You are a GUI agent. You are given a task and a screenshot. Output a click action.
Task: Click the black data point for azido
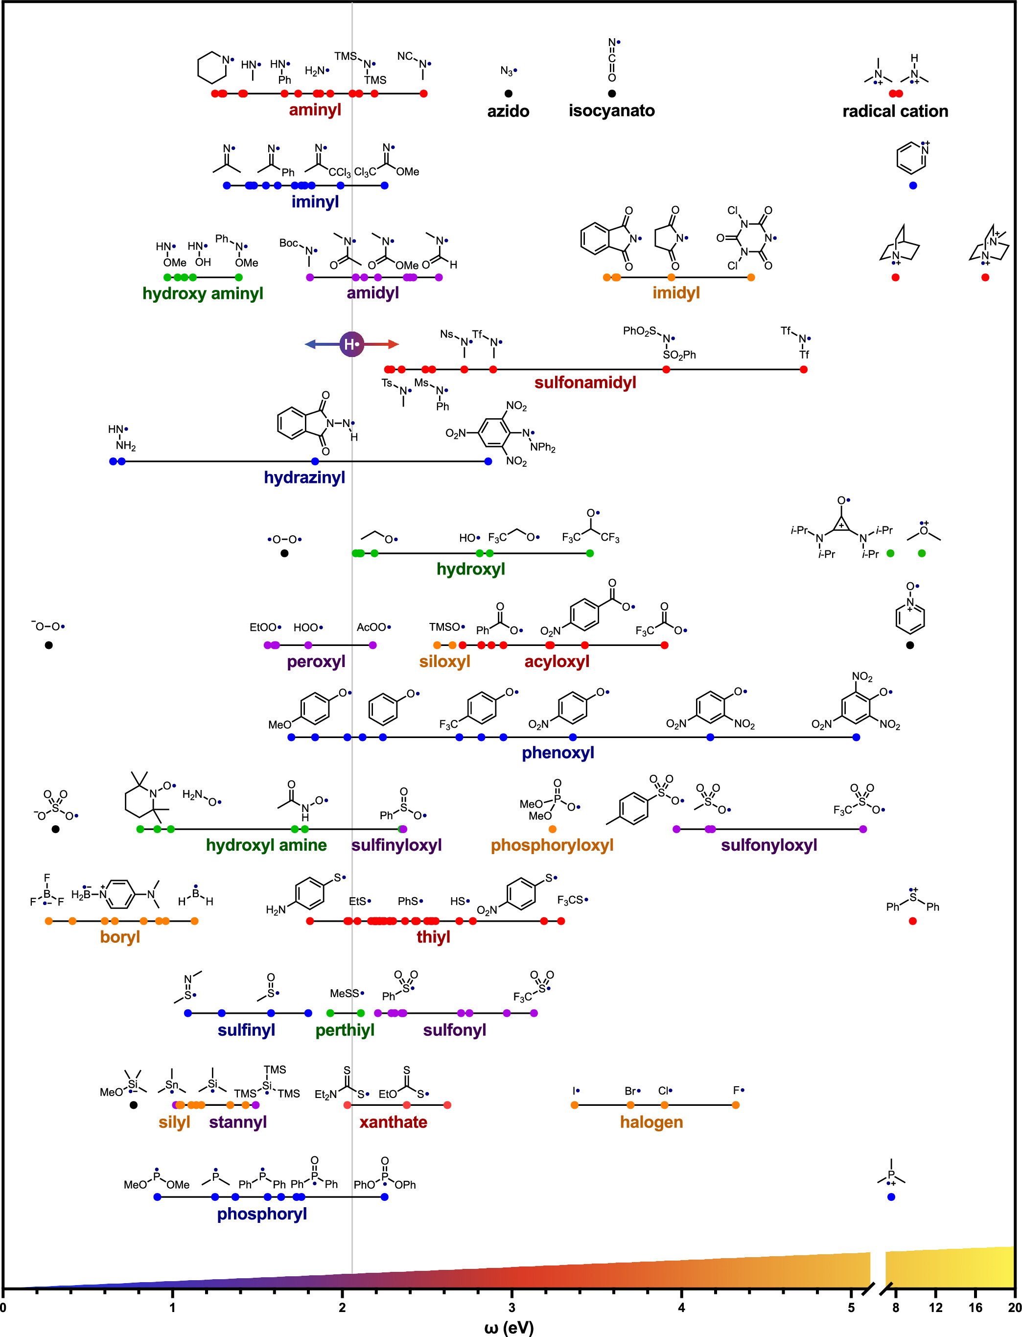[509, 93]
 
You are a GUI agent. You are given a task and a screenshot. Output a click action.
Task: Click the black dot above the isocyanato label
[612, 93]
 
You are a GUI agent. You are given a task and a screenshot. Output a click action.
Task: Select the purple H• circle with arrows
[351, 344]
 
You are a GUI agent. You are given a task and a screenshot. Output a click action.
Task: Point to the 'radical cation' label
[895, 111]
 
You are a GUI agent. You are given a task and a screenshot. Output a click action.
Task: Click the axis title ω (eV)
[509, 1327]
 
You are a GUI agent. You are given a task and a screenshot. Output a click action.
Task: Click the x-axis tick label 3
[511, 1307]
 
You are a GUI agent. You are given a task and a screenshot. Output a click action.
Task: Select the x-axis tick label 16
[975, 1307]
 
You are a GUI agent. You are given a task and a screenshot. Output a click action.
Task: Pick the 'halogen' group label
[651, 1122]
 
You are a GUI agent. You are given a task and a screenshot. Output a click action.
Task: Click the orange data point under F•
[736, 1104]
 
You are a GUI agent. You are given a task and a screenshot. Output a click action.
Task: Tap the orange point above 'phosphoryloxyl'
[553, 829]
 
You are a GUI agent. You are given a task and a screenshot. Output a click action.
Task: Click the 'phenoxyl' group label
[558, 753]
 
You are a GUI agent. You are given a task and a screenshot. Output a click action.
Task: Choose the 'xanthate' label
[393, 1122]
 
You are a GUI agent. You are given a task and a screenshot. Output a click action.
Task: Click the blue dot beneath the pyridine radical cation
[912, 186]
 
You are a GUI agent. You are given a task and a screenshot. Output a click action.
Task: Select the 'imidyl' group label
[676, 293]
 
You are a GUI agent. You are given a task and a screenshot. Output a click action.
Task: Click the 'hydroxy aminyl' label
[203, 293]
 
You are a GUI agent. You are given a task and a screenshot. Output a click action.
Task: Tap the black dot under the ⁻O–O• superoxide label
[48, 645]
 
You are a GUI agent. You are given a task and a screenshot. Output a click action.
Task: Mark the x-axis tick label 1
[173, 1307]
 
